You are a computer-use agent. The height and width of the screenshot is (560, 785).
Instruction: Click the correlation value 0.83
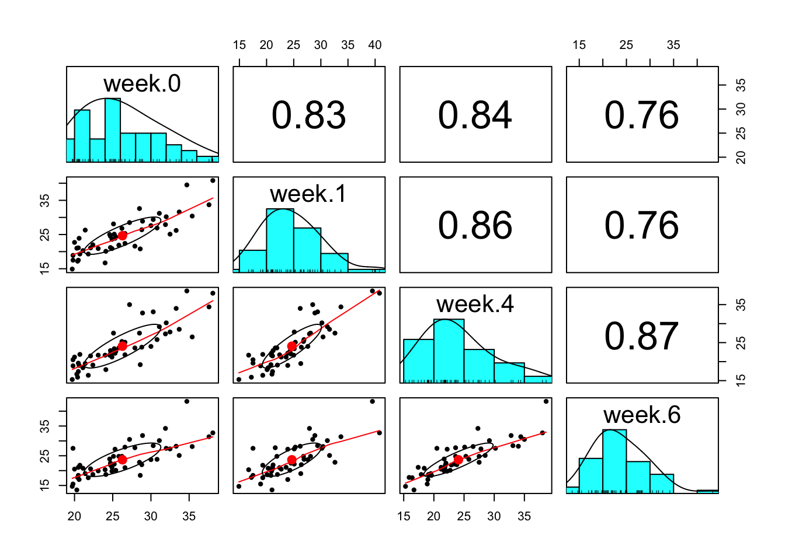coord(308,115)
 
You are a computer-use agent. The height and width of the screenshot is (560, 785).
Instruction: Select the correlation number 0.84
coord(475,115)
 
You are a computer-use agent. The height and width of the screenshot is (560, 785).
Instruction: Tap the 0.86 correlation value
coord(475,225)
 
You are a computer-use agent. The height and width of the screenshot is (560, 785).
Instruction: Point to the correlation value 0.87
coord(641,336)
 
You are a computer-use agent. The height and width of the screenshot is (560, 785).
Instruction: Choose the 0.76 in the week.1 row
coord(641,225)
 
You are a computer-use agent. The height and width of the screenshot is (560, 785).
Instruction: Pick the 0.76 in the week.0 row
coord(641,115)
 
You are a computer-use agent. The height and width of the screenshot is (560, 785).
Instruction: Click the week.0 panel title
coord(142,84)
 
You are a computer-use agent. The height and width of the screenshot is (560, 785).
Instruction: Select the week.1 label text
coord(308,194)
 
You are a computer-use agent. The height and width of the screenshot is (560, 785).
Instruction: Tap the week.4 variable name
coord(475,304)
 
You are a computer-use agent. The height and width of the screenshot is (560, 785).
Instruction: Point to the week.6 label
coord(641,415)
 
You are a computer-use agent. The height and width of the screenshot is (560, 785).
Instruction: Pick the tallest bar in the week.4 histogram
coord(449,351)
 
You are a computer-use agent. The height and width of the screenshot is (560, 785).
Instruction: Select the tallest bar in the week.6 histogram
coord(614,461)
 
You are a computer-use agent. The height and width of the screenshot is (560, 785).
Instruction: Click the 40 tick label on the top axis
coord(375,45)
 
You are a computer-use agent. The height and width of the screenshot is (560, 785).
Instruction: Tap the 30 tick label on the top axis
coord(321,45)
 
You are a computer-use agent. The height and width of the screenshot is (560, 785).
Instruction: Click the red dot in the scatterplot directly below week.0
coord(122,236)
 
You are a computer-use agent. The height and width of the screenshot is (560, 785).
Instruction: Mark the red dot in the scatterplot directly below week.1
coord(291,346)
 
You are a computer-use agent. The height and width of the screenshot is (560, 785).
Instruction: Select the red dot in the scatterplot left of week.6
coord(458,460)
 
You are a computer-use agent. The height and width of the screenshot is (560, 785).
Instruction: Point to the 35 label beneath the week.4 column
coord(524,516)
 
